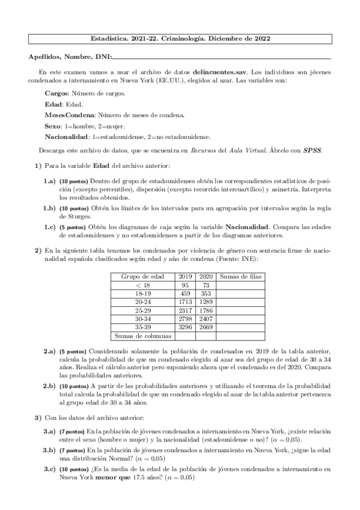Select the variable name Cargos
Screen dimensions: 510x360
(x=57, y=94)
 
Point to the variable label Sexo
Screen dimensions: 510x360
(x=53, y=126)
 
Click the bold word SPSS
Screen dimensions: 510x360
(x=311, y=150)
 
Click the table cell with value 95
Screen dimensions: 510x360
(x=185, y=284)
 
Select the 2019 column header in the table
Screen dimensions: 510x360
(x=185, y=276)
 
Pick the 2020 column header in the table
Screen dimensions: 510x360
(x=206, y=276)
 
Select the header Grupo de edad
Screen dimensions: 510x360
(x=142, y=276)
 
